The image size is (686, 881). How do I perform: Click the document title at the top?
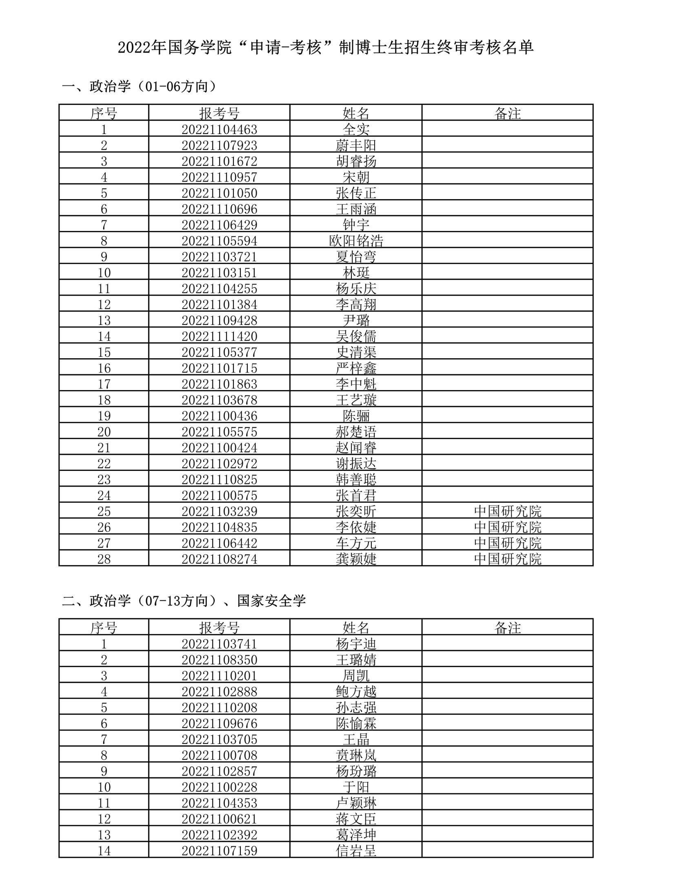click(x=325, y=48)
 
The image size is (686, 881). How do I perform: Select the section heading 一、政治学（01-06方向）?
click(x=139, y=87)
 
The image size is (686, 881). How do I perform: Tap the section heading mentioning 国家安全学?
click(x=184, y=601)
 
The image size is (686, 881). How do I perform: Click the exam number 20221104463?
click(x=219, y=129)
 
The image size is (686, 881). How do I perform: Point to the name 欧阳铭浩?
click(x=356, y=241)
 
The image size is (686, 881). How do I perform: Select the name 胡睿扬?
click(x=356, y=161)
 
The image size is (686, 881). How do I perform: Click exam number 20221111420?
click(x=219, y=336)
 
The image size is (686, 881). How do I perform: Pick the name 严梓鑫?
click(x=356, y=368)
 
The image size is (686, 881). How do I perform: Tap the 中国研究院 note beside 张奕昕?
click(x=507, y=511)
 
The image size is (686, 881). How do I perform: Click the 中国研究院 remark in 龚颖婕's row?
click(x=507, y=559)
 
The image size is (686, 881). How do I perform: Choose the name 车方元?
click(x=356, y=543)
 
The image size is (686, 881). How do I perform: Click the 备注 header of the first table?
click(x=507, y=113)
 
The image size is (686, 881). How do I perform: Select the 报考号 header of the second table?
click(x=219, y=628)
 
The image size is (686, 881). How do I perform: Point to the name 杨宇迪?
click(x=356, y=644)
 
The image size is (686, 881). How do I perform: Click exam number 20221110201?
click(x=219, y=675)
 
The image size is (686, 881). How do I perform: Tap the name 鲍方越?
click(x=356, y=691)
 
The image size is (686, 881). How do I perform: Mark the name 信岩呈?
click(x=356, y=850)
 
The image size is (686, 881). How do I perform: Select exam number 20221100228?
click(x=219, y=787)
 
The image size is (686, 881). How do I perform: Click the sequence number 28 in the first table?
click(x=104, y=559)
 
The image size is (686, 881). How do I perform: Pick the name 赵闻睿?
click(x=356, y=448)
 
